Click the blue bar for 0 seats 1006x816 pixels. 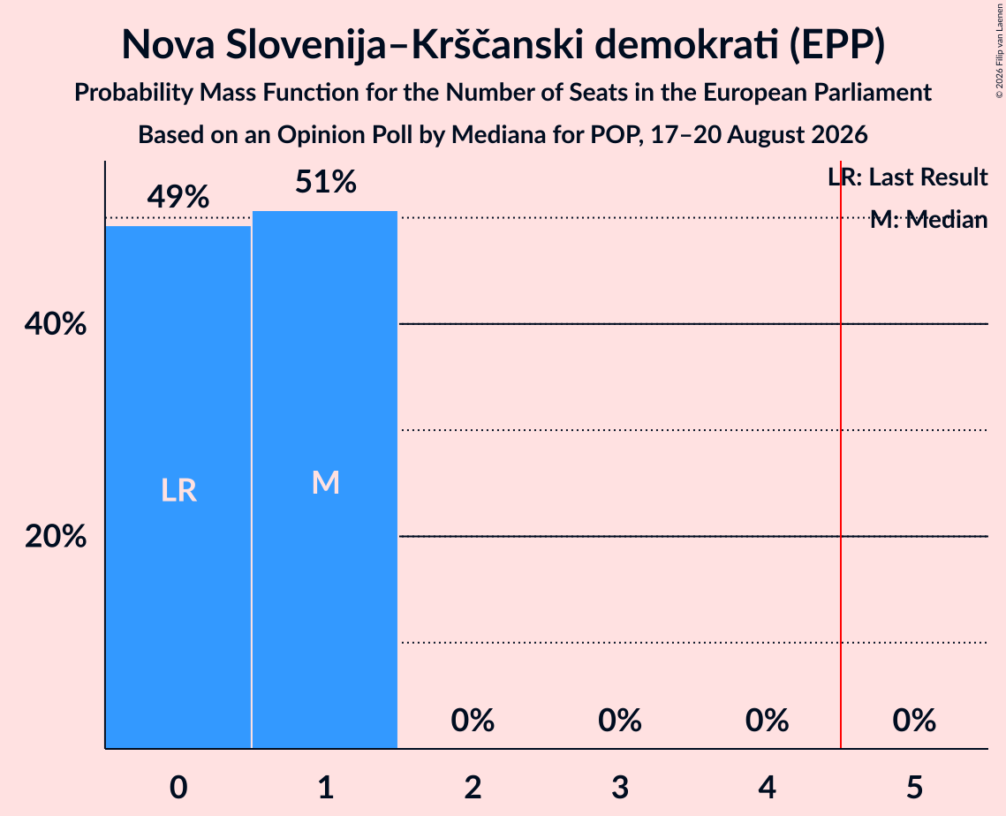[x=178, y=487]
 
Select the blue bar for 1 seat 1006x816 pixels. [x=325, y=480]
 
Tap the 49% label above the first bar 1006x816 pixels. [x=178, y=197]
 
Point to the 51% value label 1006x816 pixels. [x=326, y=182]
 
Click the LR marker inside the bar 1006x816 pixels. [x=178, y=491]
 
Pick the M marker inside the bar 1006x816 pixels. [x=326, y=482]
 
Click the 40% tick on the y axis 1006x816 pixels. [x=56, y=324]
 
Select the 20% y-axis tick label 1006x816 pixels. [x=56, y=536]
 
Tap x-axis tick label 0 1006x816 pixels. [x=178, y=787]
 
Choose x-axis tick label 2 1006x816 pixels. [x=473, y=787]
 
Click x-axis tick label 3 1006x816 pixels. [x=620, y=787]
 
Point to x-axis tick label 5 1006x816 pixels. [x=914, y=787]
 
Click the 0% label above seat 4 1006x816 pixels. [x=768, y=721]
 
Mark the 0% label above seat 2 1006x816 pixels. [x=473, y=721]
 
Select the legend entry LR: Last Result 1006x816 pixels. [x=908, y=177]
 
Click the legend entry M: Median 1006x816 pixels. [x=929, y=220]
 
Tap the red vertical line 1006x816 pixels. [x=841, y=454]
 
